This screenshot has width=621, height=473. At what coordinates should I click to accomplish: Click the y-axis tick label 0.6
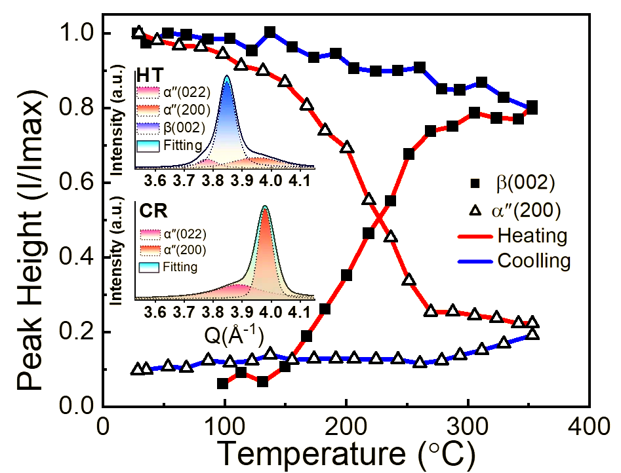click(x=77, y=183)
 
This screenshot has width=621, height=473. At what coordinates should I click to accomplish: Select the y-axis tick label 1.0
click(x=77, y=33)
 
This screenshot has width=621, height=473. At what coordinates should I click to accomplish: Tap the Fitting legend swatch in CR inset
click(x=150, y=267)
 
